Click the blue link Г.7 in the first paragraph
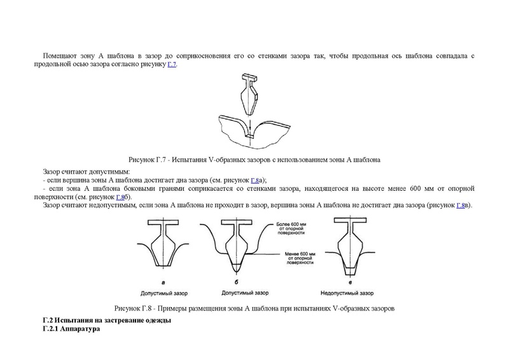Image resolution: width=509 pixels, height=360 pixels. [x=172, y=65]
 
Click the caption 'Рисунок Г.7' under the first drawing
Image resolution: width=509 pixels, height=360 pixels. [x=254, y=160]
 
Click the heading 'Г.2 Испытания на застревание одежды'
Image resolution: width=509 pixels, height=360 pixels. [x=106, y=320]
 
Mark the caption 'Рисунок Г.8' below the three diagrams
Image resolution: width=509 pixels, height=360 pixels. [x=254, y=308]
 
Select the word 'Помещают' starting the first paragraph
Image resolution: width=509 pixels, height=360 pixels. [x=59, y=57]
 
